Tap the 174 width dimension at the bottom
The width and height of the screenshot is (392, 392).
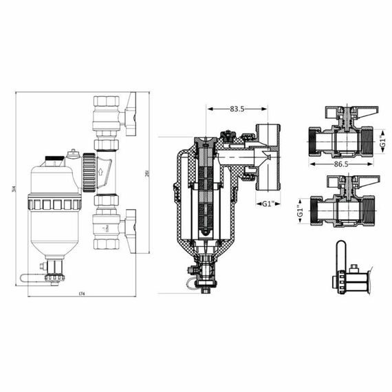[81, 294]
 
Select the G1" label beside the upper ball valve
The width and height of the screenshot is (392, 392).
[383, 145]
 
